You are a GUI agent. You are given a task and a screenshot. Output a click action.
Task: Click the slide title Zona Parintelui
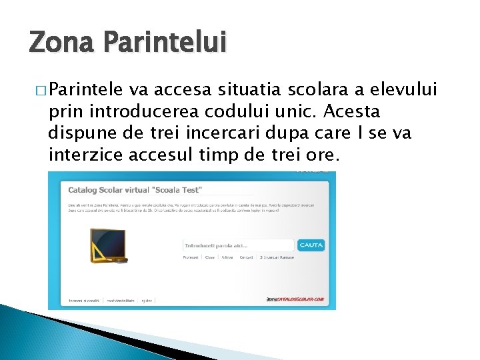[127, 43]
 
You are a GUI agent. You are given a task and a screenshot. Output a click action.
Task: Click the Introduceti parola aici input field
[238, 245]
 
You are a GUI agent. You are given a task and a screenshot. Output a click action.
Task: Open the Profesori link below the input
[191, 257]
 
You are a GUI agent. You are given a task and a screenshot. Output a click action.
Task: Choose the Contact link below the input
[247, 257]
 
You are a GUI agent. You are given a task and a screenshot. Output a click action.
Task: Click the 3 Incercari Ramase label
[277, 257]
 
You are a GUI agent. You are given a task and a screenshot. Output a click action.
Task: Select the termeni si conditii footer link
[83, 301]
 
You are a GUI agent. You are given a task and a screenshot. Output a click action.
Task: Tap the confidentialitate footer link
[120, 301]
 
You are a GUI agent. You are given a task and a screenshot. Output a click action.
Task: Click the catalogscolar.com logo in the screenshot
[295, 301]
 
